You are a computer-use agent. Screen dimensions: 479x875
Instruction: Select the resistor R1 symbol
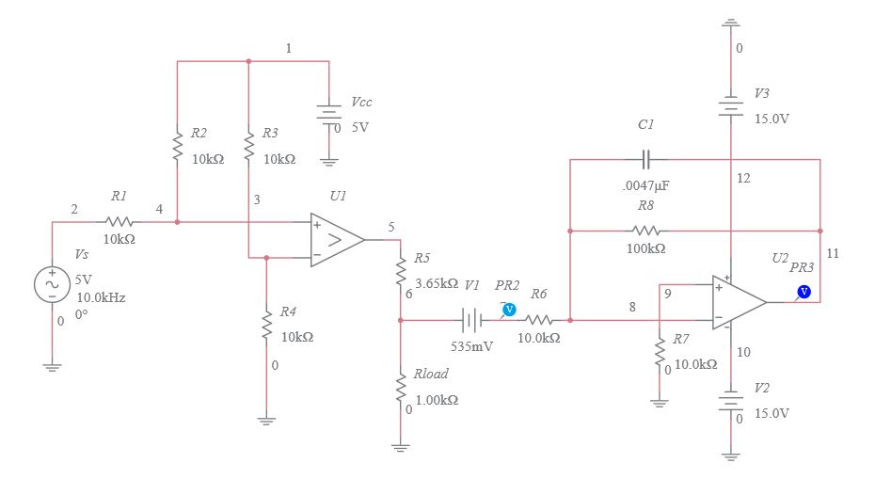click(119, 222)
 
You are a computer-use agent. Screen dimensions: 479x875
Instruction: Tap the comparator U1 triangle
click(336, 240)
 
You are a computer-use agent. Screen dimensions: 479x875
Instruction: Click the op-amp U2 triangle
click(738, 302)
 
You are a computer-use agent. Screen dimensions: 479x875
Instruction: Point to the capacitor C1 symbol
click(647, 159)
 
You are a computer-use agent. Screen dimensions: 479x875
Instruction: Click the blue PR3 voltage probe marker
click(803, 292)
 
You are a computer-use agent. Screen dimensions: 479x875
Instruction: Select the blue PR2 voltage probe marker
click(509, 309)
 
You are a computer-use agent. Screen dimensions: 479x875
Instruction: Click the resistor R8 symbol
click(645, 231)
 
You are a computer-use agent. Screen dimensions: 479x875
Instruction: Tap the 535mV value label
click(472, 346)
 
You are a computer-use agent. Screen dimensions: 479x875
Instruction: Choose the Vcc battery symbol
click(328, 116)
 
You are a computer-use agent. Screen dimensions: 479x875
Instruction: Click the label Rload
click(431, 374)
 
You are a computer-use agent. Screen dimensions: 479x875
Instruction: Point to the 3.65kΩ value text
click(436, 283)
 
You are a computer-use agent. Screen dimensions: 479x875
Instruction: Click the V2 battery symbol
click(731, 401)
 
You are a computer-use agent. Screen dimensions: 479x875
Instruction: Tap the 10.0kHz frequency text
click(101, 297)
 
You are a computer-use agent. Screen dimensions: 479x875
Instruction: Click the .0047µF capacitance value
click(646, 185)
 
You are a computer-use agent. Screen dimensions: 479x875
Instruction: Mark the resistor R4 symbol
click(267, 325)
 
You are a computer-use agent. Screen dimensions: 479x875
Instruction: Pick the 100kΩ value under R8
click(645, 249)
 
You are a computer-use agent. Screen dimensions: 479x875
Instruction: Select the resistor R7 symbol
click(660, 353)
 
